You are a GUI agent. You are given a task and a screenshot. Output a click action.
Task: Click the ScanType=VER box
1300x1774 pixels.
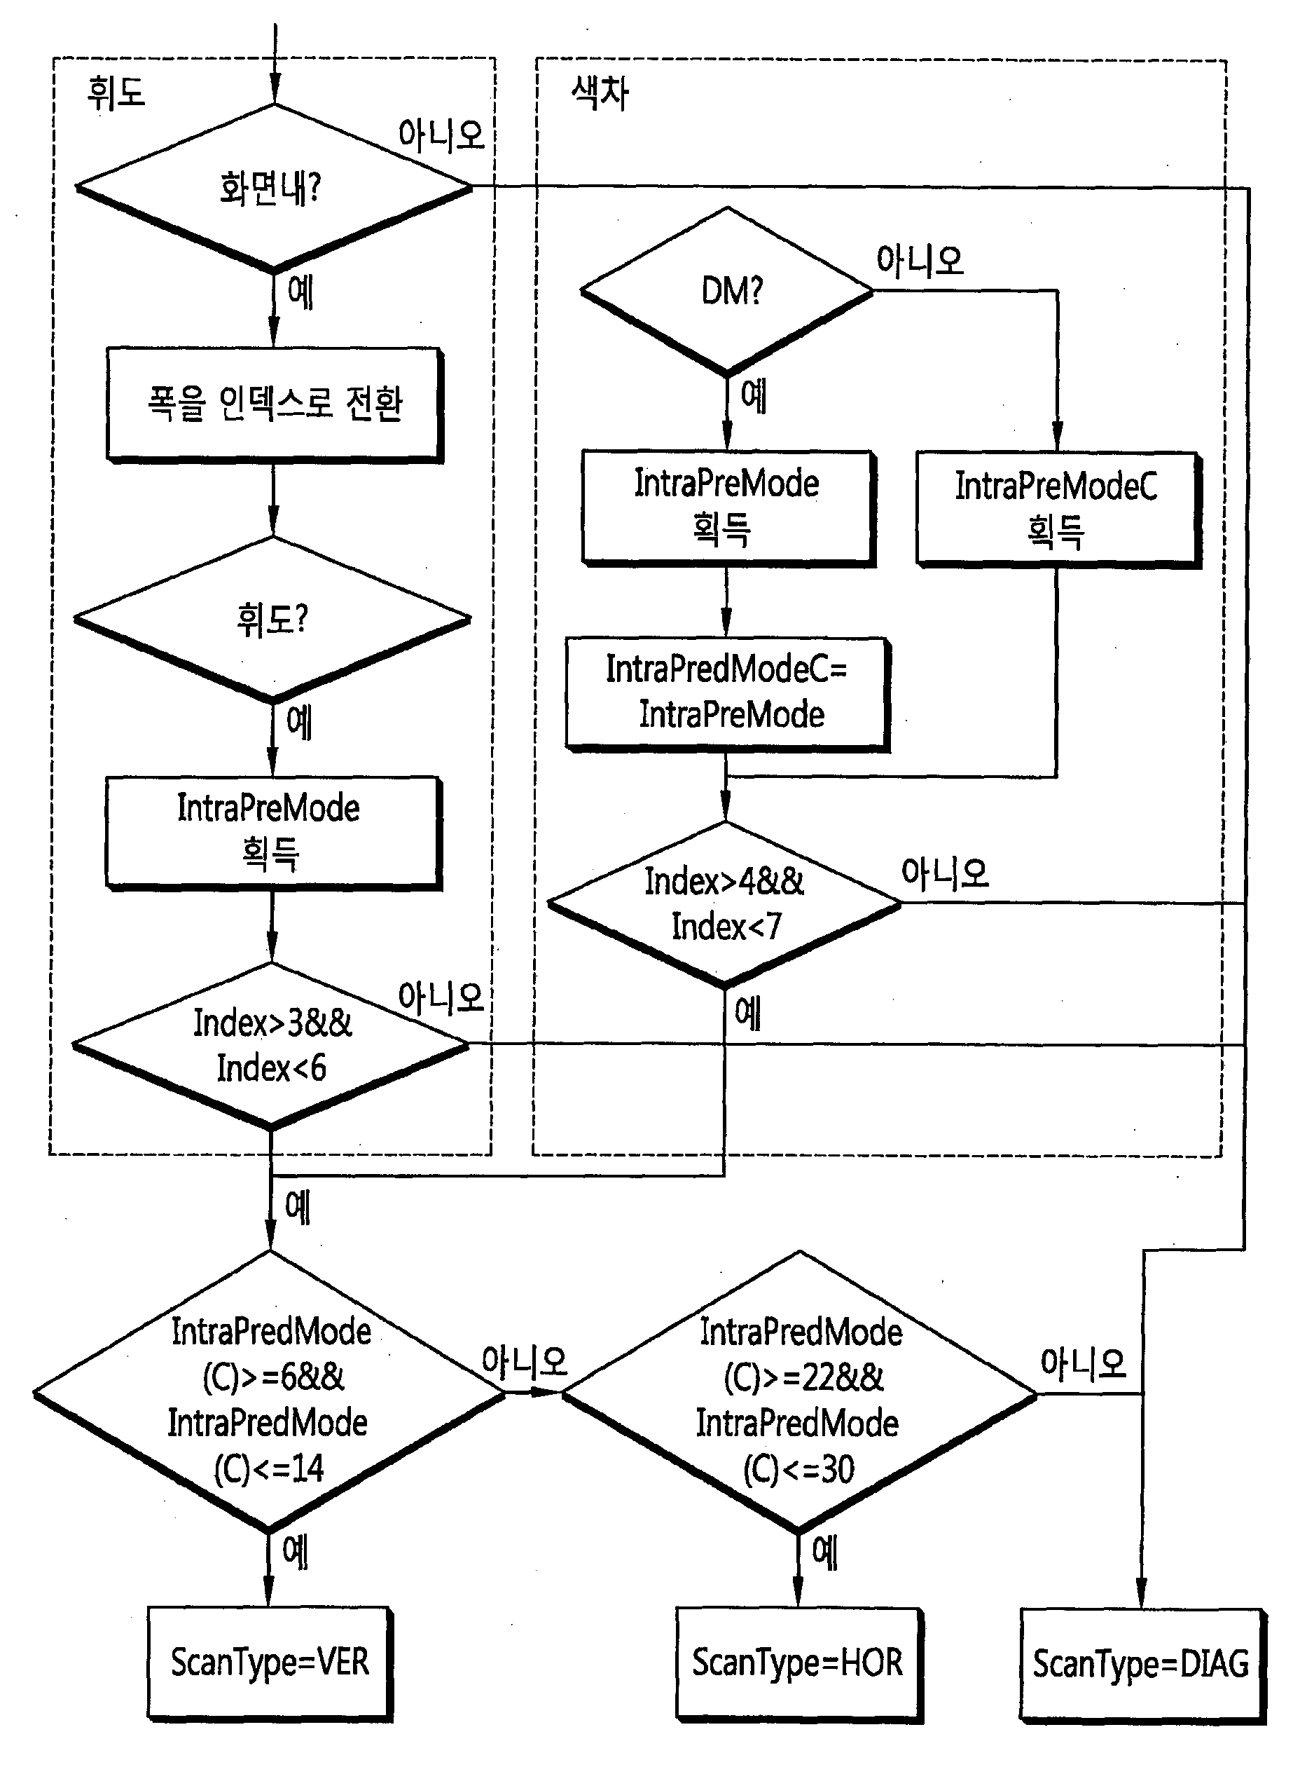click(x=270, y=1663)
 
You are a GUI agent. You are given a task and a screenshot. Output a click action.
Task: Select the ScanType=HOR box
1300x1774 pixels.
click(x=799, y=1664)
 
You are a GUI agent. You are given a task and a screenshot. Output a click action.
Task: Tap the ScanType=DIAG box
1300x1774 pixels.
click(x=1142, y=1665)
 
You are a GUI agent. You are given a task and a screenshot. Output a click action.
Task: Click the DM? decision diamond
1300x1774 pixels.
click(x=727, y=292)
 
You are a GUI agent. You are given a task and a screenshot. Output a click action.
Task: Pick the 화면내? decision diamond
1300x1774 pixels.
click(x=274, y=188)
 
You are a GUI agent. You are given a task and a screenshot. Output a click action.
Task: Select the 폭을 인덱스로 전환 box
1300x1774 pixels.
click(x=275, y=404)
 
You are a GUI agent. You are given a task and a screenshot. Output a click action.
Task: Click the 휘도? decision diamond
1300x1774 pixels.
click(x=272, y=620)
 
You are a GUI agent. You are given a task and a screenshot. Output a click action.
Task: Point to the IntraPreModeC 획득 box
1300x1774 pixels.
click(x=1058, y=509)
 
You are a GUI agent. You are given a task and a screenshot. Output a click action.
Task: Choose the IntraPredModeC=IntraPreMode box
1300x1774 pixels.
click(x=728, y=694)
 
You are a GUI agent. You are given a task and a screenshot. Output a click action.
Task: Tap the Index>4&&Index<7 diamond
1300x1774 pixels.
click(x=725, y=904)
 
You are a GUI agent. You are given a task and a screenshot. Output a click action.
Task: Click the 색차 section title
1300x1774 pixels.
click(x=600, y=93)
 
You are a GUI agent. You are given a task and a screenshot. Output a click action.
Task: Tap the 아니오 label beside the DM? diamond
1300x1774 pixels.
click(x=920, y=260)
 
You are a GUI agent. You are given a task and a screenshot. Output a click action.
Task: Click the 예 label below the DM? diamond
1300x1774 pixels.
click(x=754, y=395)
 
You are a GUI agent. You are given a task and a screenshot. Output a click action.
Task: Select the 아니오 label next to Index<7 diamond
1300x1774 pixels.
click(x=944, y=873)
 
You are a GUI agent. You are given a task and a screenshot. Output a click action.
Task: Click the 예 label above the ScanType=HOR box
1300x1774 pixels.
click(x=824, y=1552)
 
